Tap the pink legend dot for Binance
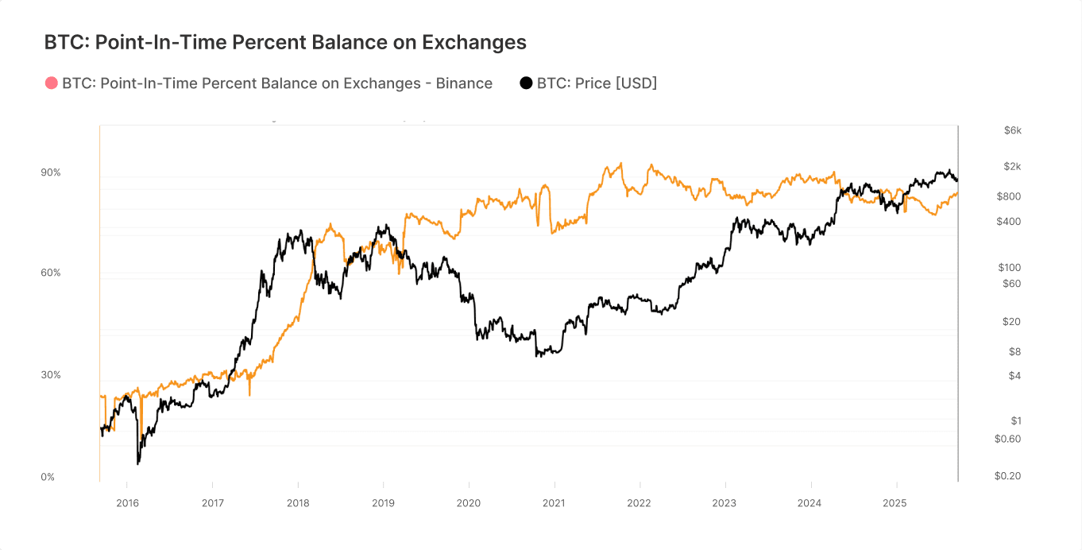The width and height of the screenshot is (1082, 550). coord(52,83)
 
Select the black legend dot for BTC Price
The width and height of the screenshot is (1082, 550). coord(526,83)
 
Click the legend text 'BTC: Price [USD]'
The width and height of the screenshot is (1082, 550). coord(597,83)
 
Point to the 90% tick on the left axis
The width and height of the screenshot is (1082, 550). coord(51,172)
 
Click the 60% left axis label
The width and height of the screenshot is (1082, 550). coord(51,273)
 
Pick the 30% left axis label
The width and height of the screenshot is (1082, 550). coord(51,374)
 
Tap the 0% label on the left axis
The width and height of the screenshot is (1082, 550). coord(48,477)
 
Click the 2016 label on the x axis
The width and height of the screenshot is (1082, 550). coord(127,503)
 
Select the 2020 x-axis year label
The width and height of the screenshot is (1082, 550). coord(469,503)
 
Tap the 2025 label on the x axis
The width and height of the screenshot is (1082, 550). coord(895,503)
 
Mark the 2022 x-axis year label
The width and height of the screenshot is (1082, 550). coord(640,503)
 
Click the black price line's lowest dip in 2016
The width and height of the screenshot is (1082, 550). coord(138,463)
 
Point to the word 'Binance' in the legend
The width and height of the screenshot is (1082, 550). coord(464,83)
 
